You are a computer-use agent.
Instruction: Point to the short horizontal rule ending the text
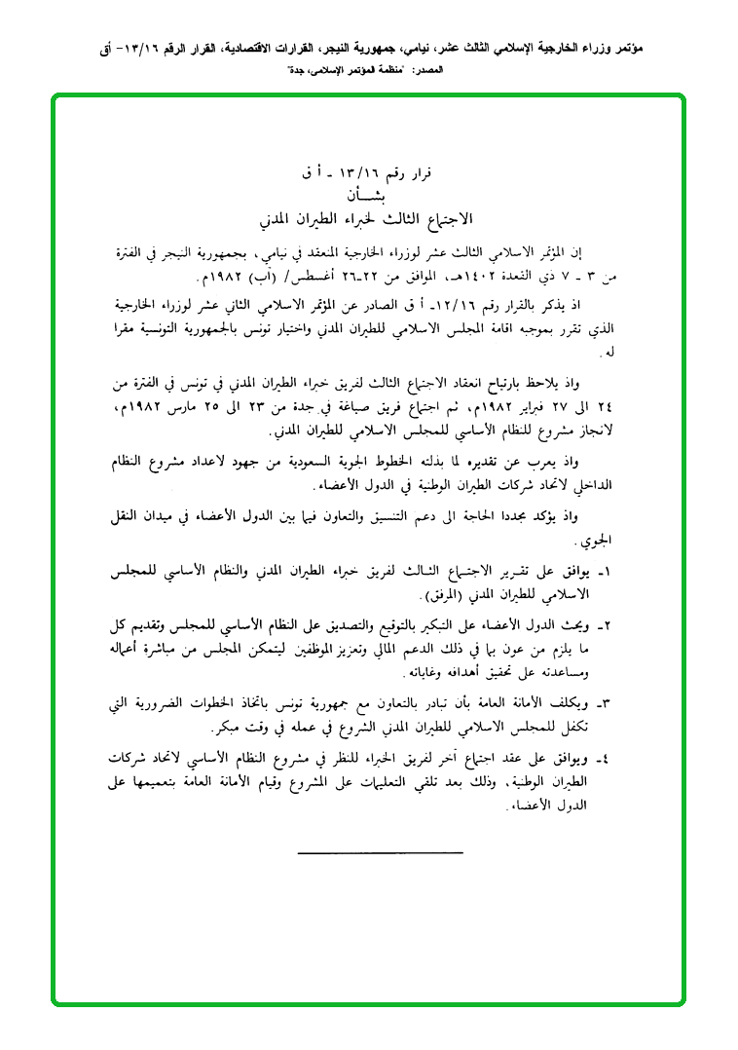(381, 854)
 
